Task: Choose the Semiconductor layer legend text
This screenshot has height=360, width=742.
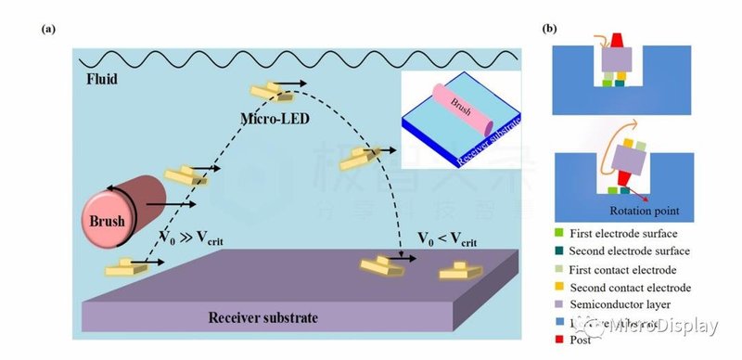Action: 620,304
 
